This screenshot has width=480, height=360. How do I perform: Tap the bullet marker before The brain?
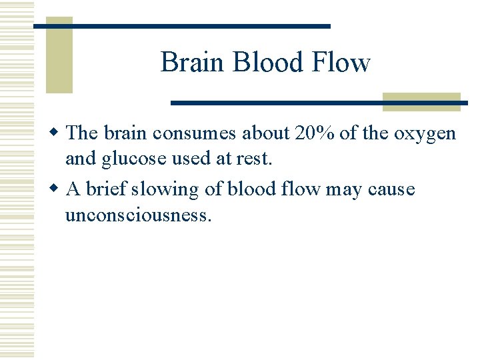coord(58,133)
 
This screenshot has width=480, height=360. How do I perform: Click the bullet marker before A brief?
coord(58,189)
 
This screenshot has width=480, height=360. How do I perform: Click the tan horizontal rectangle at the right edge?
coord(421,101)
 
